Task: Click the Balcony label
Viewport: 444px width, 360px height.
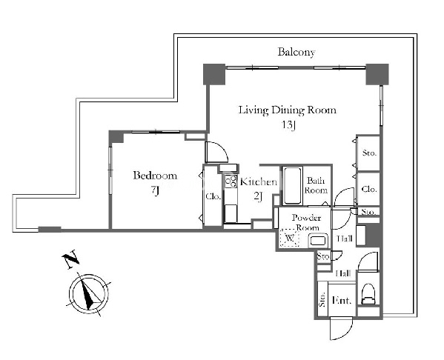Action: pyautogui.click(x=296, y=53)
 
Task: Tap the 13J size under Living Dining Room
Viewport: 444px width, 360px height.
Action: pyautogui.click(x=289, y=125)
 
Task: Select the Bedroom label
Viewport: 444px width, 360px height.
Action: pyautogui.click(x=155, y=176)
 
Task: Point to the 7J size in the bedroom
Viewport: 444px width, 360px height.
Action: pyautogui.click(x=155, y=191)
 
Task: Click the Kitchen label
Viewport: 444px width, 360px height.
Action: pyautogui.click(x=259, y=181)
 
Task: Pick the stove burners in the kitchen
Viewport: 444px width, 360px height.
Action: pyautogui.click(x=231, y=181)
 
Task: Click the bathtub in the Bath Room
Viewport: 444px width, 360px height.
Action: pyautogui.click(x=292, y=186)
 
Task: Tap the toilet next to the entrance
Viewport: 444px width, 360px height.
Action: pyautogui.click(x=368, y=294)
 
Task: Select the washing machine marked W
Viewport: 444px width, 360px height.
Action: pyautogui.click(x=289, y=238)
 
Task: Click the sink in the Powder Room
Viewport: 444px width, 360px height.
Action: pyautogui.click(x=319, y=241)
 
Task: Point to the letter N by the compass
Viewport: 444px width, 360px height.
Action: pyautogui.click(x=70, y=259)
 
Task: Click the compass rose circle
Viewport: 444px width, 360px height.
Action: pyautogui.click(x=89, y=294)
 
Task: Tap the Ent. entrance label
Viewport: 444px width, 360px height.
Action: pyautogui.click(x=342, y=300)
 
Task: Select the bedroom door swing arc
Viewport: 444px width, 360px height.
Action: pyautogui.click(x=217, y=152)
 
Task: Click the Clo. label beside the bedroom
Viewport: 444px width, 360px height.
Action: pyautogui.click(x=213, y=196)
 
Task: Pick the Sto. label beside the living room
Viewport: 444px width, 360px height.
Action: pyautogui.click(x=370, y=153)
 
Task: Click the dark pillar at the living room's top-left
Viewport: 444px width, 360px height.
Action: pyautogui.click(x=214, y=74)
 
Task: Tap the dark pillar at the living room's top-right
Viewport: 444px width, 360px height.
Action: pyautogui.click(x=377, y=74)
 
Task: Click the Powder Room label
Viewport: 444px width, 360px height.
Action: pyautogui.click(x=307, y=222)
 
